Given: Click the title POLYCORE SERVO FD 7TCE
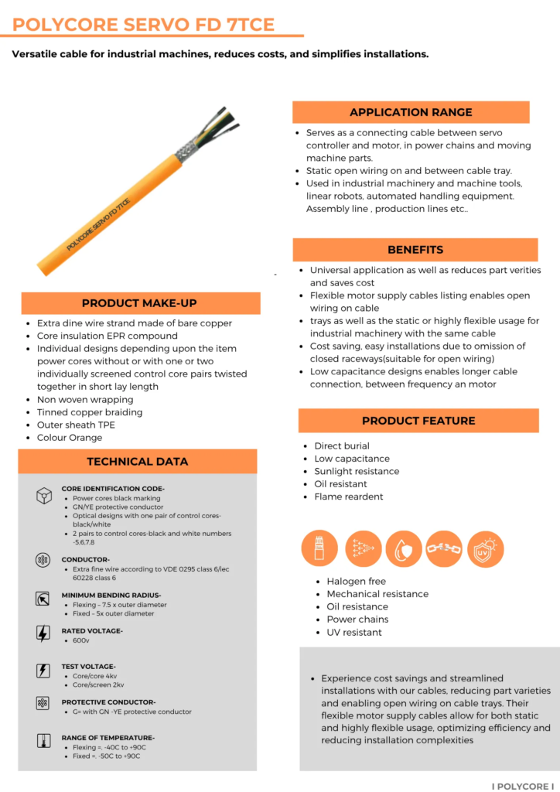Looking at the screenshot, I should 144,25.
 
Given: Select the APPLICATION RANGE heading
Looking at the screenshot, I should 411,112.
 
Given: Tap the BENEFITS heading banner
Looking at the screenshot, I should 415,250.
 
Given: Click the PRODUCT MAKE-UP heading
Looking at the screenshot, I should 140,303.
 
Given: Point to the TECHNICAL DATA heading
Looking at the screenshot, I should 137,461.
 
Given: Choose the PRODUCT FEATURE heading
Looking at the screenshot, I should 418,421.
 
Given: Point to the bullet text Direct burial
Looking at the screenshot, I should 342,446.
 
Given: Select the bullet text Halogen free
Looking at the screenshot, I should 356,582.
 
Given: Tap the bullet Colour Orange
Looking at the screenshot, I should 70,438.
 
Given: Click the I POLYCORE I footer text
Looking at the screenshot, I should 523,786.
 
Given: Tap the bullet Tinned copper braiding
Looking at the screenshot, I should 90,412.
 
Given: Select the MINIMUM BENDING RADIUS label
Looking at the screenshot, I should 111,596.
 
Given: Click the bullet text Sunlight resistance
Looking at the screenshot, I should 357,472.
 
